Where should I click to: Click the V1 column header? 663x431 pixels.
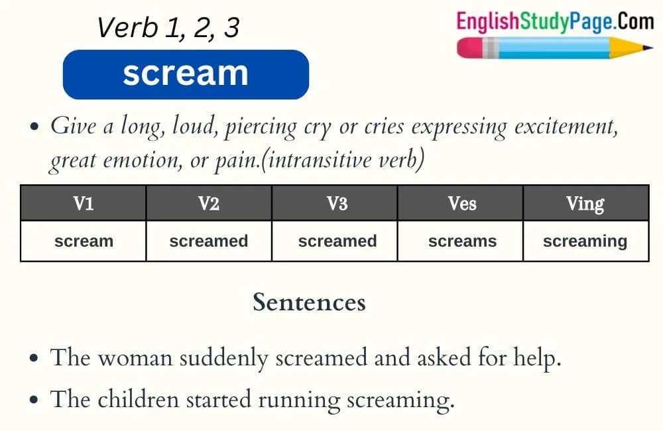pos(84,203)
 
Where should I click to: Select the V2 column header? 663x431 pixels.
pos(209,203)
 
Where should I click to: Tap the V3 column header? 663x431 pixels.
pos(337,203)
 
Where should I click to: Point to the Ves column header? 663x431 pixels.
pos(462,203)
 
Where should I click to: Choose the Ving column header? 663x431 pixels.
pos(585,203)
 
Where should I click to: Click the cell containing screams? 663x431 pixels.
pos(462,241)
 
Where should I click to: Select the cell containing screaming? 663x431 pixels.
pos(585,241)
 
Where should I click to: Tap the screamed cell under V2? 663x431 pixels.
pos(209,241)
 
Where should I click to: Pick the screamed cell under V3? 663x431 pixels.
pos(337,241)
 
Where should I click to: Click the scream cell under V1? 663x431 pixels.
pos(84,241)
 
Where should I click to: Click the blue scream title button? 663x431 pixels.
pos(186,74)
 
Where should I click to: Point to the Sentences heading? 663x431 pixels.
pos(309,302)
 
